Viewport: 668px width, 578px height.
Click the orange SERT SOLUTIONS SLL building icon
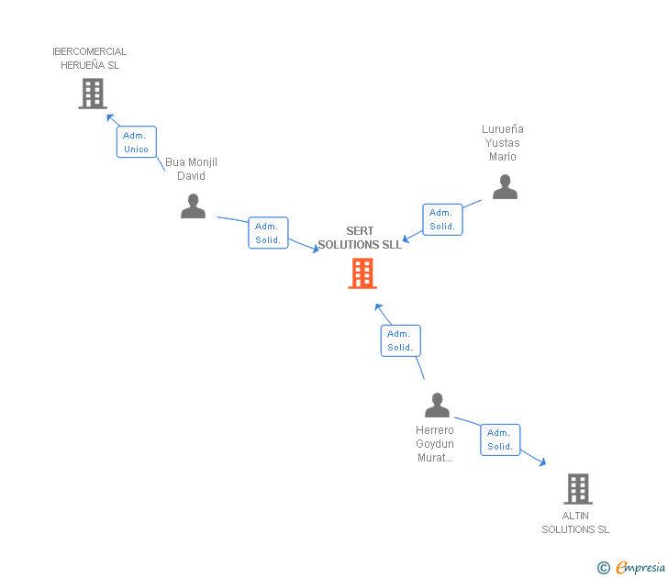[362, 273]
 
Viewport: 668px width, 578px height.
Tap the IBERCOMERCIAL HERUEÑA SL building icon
[92, 94]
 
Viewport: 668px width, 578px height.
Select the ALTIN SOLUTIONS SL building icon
[577, 489]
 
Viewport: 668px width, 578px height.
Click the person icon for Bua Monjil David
[193, 206]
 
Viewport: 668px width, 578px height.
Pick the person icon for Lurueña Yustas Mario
[505, 187]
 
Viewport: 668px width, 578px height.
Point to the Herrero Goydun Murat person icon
[437, 405]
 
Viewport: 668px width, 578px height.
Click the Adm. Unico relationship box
[137, 142]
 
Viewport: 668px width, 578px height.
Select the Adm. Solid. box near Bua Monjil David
[268, 233]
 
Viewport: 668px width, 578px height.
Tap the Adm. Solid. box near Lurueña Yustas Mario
[442, 219]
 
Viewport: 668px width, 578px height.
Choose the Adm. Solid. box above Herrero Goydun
[400, 340]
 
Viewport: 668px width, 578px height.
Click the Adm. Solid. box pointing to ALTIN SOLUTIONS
[500, 439]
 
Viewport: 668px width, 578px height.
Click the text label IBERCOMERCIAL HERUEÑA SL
[90, 59]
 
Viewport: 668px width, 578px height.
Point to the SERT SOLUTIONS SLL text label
[360, 239]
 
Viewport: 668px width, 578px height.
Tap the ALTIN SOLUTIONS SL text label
[575, 522]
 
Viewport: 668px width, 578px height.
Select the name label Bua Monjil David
[191, 169]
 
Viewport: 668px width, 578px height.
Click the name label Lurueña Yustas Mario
[503, 143]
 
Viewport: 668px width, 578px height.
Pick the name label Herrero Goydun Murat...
[435, 444]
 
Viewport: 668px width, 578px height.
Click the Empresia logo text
[640, 568]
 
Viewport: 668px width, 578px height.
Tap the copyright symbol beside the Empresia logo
[603, 568]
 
